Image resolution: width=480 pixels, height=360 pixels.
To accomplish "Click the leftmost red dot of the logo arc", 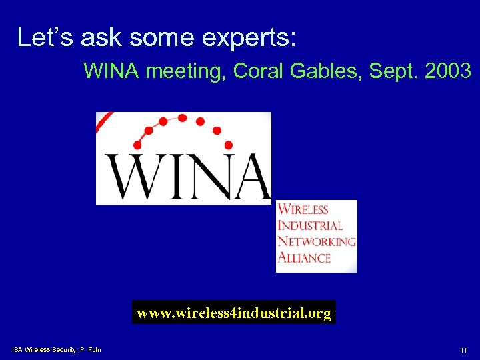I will pos(137,145).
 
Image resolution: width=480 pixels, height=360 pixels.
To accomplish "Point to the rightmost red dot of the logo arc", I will pos(228,145).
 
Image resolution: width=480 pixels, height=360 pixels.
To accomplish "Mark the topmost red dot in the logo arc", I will pos(182,118).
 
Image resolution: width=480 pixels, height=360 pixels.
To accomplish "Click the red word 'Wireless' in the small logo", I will pos(303,210).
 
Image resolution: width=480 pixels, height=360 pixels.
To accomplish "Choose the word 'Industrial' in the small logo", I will pos(310,226).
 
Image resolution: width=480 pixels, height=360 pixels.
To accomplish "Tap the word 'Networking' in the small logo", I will pos(316,242).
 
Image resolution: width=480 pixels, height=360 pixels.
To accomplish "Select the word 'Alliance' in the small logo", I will pos(304,258).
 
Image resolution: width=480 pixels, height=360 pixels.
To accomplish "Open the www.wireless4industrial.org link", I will pos(234,313).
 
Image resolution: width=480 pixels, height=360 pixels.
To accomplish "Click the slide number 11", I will pos(463,351).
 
